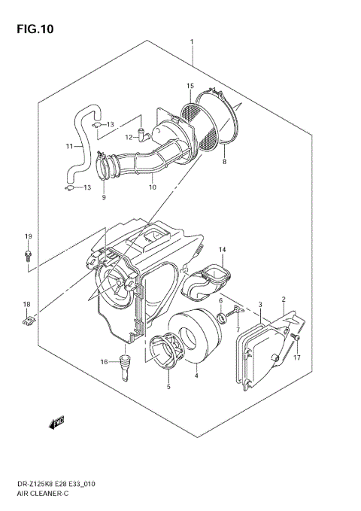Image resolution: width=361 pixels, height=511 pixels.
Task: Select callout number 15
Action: (x=190, y=87)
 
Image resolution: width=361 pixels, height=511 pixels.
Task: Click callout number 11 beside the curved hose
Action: (x=69, y=146)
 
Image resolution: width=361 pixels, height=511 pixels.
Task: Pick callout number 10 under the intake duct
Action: (x=152, y=187)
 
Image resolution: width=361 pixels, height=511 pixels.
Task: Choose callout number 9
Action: (x=104, y=198)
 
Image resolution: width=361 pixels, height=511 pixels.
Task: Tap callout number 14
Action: (x=222, y=249)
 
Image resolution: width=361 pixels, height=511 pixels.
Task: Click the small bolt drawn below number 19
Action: (x=28, y=257)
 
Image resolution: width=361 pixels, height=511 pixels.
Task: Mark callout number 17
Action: (x=297, y=358)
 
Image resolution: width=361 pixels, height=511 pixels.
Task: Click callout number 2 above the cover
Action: (x=284, y=299)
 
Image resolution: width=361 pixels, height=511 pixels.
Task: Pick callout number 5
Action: (x=168, y=387)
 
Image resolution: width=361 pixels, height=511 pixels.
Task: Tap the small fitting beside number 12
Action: (x=147, y=135)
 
